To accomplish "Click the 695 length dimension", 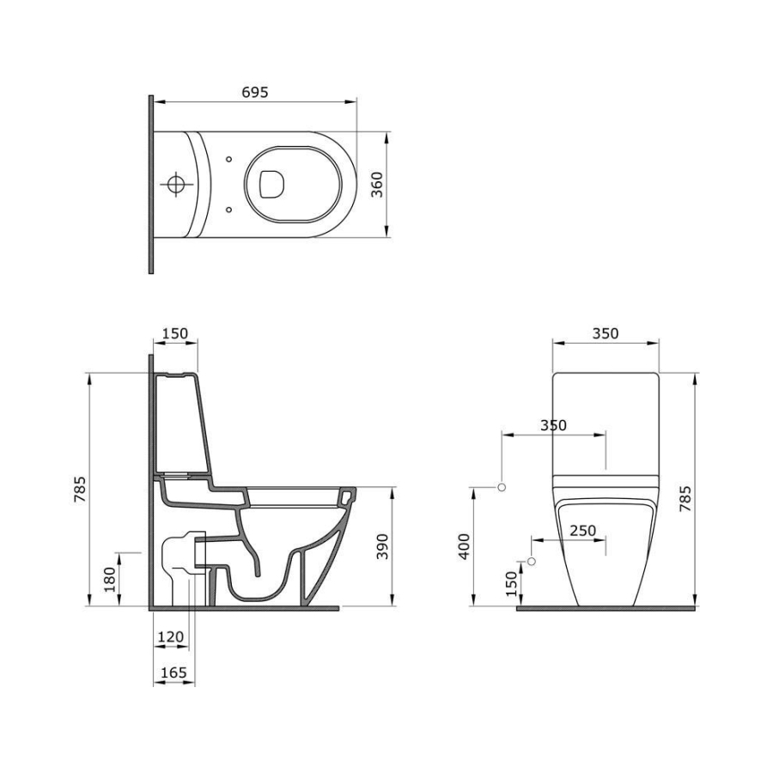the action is (255, 92).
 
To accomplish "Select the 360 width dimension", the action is (377, 185).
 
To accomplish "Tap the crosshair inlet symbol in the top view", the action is (176, 185).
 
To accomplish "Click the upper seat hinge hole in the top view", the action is (228, 159).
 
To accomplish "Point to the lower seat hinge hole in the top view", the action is (228, 210).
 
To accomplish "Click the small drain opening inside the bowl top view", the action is (272, 185).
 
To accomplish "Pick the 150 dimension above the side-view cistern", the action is (175, 334).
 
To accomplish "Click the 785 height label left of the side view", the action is (80, 489).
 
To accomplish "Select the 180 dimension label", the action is (109, 579).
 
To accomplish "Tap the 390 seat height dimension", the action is (382, 546).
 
